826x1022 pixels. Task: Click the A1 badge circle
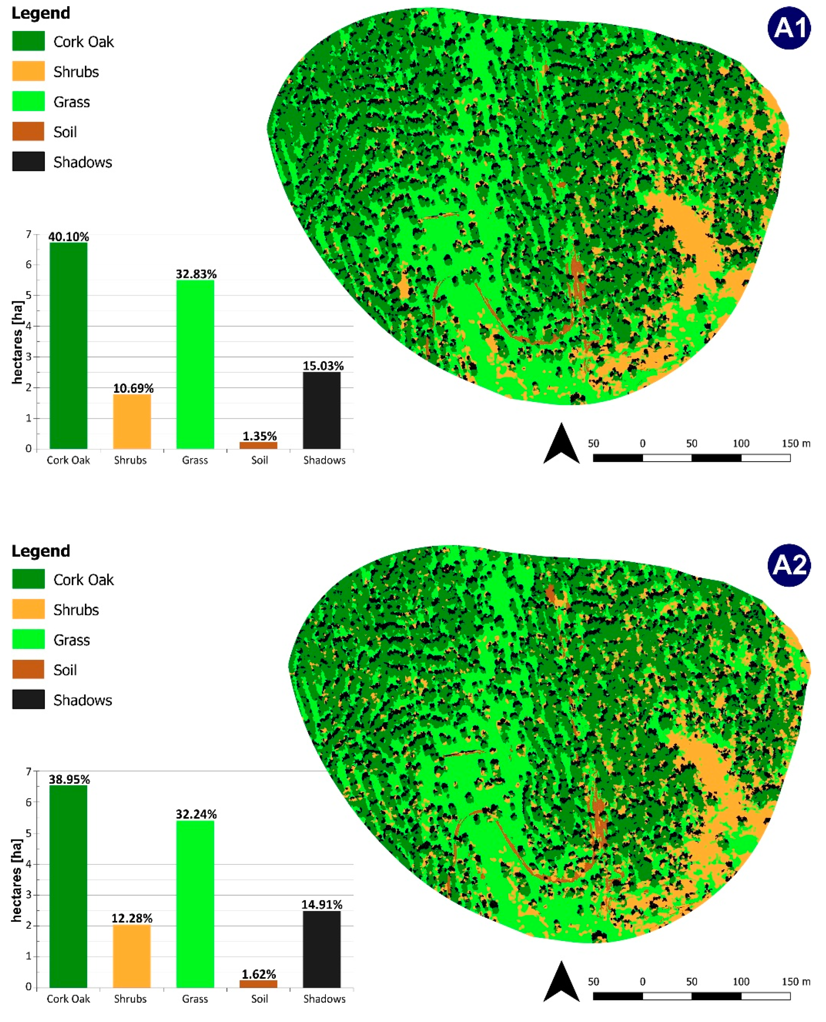coord(789,27)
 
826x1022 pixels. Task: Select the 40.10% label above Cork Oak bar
coord(68,236)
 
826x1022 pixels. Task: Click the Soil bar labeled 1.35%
coord(258,445)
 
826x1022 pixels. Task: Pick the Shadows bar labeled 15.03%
coord(322,410)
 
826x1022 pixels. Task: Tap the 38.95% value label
coord(69,779)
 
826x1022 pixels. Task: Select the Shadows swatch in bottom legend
coord(28,699)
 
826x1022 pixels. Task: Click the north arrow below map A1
coord(561,444)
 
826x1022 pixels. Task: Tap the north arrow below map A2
coord(561,982)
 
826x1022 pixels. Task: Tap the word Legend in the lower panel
coord(40,551)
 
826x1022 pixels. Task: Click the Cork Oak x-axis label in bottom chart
coord(68,999)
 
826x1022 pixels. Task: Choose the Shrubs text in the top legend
coord(76,72)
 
